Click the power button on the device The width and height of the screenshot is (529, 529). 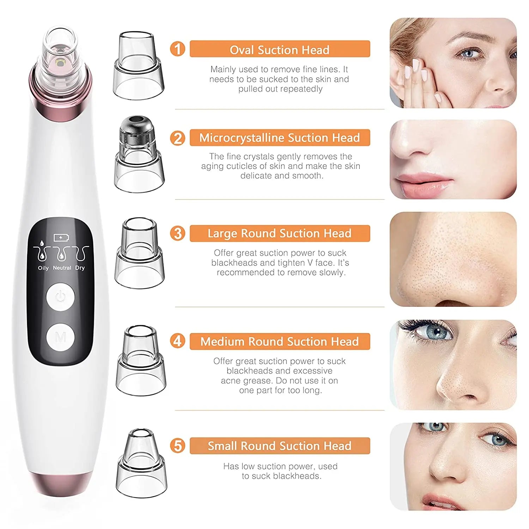coord(60,296)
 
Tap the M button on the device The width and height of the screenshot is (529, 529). coord(60,338)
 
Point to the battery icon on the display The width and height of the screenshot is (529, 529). coord(61,238)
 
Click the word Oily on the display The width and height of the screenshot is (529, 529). coord(43,268)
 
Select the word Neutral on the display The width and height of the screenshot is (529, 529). coord(62,268)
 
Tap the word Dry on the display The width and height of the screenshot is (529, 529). coord(80,268)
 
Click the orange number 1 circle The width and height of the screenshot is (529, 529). coord(177,49)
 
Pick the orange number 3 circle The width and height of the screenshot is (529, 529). coord(177,233)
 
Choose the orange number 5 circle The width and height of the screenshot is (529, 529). coord(177,445)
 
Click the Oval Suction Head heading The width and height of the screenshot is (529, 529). coord(280,50)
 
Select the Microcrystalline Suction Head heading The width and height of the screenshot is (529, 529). coord(280,138)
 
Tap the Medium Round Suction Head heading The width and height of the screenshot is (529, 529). coord(280,341)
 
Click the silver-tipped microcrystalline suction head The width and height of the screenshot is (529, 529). coord(139,154)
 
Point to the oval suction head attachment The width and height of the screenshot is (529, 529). coord(139,66)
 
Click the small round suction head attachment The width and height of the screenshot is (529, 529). coord(141,463)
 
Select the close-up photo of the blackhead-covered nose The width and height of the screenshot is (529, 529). coord(453,259)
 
